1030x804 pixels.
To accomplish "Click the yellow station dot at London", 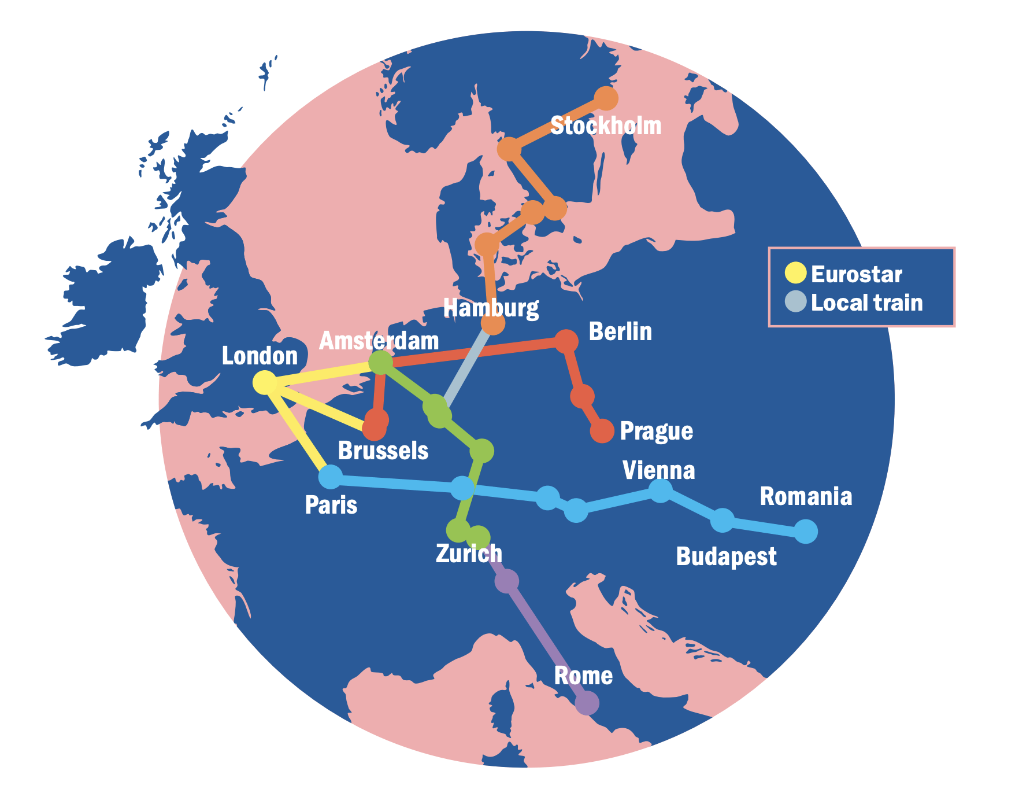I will [x=265, y=382].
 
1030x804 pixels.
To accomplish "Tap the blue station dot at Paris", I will [x=331, y=477].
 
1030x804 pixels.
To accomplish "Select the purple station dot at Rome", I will [x=587, y=703].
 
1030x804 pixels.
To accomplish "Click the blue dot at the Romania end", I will [x=806, y=531].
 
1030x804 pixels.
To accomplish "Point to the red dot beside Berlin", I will [x=566, y=341].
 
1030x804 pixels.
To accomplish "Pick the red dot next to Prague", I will [x=602, y=431].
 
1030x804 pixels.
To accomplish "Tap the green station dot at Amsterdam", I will [x=380, y=363].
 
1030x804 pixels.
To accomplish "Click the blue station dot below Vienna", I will [x=661, y=491].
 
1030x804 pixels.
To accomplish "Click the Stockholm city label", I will [x=605, y=126].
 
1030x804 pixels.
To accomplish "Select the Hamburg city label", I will [x=491, y=308].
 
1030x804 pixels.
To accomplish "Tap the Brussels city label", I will [x=383, y=451].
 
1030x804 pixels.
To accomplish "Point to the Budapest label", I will [x=726, y=556].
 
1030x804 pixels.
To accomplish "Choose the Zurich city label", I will [x=469, y=554].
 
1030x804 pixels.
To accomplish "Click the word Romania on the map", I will [x=806, y=496].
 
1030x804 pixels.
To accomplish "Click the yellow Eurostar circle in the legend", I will [x=795, y=274].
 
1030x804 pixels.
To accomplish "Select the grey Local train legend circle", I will [x=795, y=302].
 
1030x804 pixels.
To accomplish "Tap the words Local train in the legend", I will [x=866, y=303].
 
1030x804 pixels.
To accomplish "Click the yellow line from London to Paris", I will [x=298, y=430].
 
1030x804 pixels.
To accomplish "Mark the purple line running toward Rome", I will [x=546, y=642].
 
